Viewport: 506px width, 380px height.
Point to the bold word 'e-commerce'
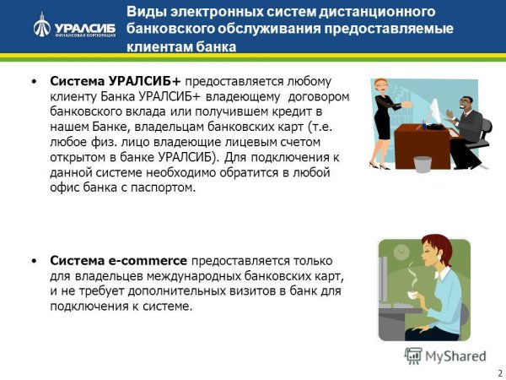(149, 260)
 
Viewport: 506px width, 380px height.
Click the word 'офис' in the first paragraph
(66, 187)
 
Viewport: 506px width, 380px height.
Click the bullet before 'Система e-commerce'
(33, 261)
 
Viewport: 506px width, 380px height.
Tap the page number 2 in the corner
(498, 372)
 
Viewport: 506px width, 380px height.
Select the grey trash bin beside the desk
(423, 163)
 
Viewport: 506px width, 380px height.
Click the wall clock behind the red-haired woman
(400, 252)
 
